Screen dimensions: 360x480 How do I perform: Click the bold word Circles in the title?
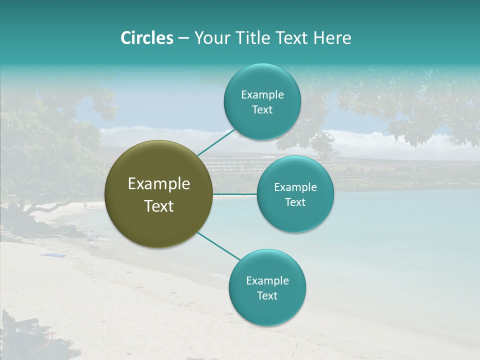pyautogui.click(x=146, y=38)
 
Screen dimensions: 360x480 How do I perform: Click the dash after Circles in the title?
pyautogui.click(x=183, y=38)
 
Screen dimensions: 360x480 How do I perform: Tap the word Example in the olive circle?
pyautogui.click(x=159, y=184)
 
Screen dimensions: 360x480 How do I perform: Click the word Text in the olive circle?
pyautogui.click(x=159, y=206)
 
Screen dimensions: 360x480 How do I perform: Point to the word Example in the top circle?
pyautogui.click(x=262, y=94)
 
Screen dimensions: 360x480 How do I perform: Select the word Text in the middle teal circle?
pyautogui.click(x=295, y=202)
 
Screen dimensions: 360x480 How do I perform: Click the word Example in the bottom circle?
pyautogui.click(x=267, y=280)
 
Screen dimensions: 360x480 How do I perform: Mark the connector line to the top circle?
pyautogui.click(x=216, y=141)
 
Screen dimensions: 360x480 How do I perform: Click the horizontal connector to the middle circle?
pyautogui.click(x=235, y=194)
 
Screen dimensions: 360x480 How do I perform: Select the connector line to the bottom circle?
pyautogui.click(x=219, y=246)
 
